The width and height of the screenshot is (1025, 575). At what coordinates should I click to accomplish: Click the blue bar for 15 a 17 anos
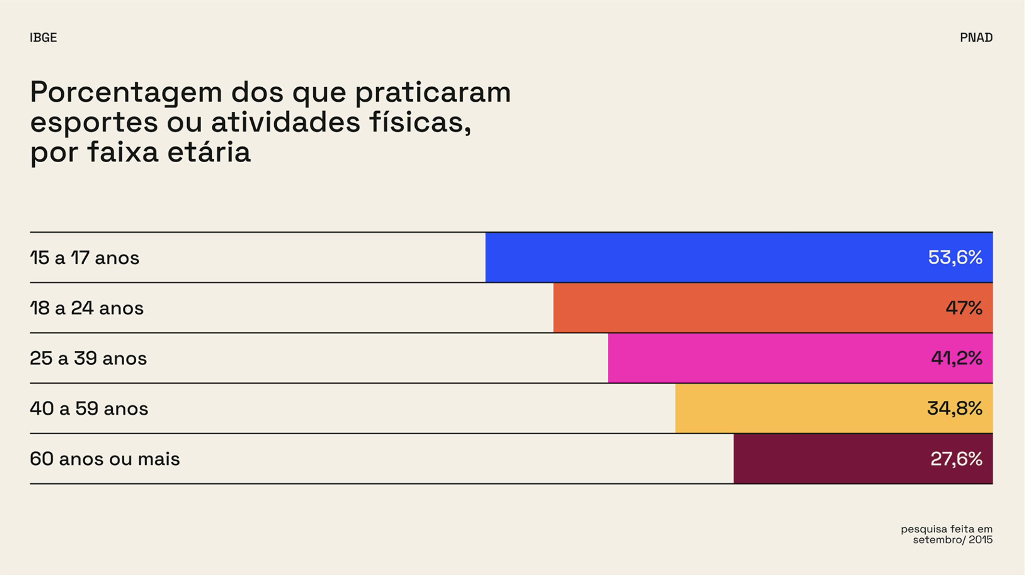pos(701,258)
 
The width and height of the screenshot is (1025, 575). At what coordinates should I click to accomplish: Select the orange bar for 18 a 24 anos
pos(741,308)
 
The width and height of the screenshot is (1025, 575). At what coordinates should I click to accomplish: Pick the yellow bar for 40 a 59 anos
pos(797,408)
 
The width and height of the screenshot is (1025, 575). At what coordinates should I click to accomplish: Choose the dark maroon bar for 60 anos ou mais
pos(829,459)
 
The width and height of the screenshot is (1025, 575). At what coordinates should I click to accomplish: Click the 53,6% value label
pos(955,258)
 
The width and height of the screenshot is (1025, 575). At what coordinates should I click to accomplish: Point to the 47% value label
pos(964,308)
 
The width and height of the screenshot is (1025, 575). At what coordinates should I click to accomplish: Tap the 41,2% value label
pos(956,358)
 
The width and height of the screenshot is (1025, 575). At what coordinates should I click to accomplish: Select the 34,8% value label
pos(954,408)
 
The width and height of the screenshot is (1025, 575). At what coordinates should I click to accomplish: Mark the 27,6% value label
pos(956,459)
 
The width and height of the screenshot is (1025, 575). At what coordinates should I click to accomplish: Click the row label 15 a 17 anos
pos(84,258)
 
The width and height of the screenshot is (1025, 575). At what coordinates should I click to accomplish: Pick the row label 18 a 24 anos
pos(86,308)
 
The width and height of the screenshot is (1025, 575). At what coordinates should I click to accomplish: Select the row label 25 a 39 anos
pos(88,358)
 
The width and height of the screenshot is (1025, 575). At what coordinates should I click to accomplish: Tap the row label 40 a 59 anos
pos(89,408)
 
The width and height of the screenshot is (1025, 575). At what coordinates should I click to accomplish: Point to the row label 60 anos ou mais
pos(105,459)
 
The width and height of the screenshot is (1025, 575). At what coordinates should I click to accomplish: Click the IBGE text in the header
pos(43,37)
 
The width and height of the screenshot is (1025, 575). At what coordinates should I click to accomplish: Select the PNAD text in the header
pos(976,37)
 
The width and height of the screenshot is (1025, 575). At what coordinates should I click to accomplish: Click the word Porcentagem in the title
pos(126,93)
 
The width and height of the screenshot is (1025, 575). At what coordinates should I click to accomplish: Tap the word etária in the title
pos(209,152)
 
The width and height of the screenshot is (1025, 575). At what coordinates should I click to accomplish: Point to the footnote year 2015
pos(980,540)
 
